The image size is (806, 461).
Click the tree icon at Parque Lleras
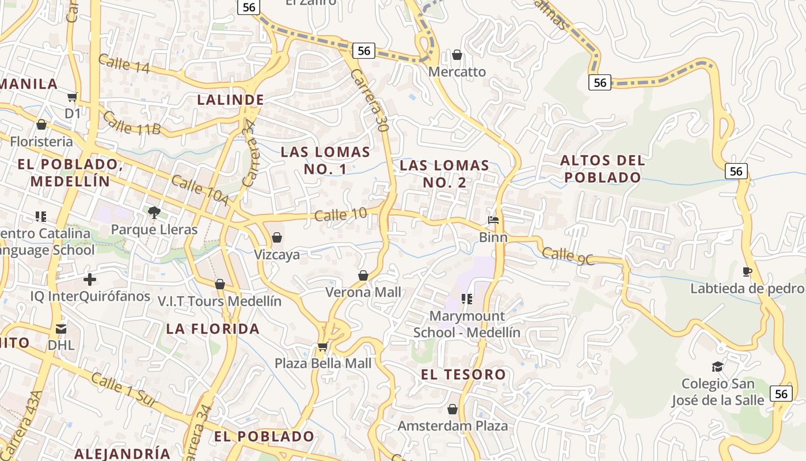click(154, 213)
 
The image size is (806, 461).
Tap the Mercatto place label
click(457, 72)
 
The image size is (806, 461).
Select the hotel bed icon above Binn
click(493, 220)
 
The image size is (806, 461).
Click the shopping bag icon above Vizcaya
click(277, 237)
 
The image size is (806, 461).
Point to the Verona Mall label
click(363, 292)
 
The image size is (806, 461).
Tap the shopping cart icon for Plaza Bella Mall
click(323, 346)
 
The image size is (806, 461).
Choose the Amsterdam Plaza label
click(453, 426)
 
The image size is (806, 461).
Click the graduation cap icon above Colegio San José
click(717, 366)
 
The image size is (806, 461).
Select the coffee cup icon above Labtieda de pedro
click(747, 271)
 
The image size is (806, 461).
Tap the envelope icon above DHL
click(61, 329)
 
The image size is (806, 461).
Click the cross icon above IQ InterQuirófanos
click(90, 279)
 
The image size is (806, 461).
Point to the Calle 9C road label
click(568, 255)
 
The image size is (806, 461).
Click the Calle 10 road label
click(341, 215)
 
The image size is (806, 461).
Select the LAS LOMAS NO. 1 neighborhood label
click(325, 160)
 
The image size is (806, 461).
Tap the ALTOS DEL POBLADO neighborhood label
click(602, 168)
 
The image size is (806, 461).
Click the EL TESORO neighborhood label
click(463, 375)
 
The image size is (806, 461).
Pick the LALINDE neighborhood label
click(230, 100)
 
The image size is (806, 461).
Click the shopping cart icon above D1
click(73, 97)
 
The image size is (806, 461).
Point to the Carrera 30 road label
click(369, 101)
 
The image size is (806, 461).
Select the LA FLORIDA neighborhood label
click(213, 329)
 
